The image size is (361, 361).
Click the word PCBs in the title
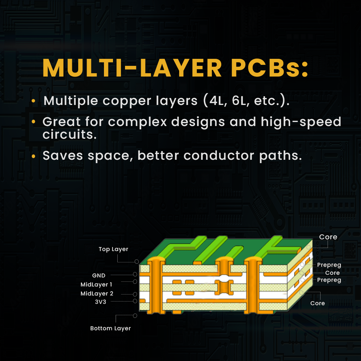coord(269,68)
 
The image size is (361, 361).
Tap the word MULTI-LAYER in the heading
coord(132,68)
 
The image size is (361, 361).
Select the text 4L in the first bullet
coord(217,101)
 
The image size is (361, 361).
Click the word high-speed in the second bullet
coord(301,122)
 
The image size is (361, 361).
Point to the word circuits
coord(70,134)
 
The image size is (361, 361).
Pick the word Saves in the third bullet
coord(63,155)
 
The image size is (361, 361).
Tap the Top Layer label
coord(113,249)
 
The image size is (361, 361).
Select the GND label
coord(99,275)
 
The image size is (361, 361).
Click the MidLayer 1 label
coord(96,284)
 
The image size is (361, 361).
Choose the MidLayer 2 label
coord(97,293)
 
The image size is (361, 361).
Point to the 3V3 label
coord(100,302)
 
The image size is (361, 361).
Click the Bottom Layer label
coord(110,328)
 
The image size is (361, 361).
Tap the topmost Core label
coord(328,237)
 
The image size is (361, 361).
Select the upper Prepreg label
coord(329,265)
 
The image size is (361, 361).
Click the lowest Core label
coord(318,303)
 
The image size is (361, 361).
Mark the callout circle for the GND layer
coord(135,274)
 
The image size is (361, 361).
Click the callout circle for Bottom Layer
coord(135,316)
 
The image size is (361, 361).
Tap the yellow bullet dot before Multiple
coord(33,101)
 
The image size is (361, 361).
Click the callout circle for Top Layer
coord(136,261)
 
